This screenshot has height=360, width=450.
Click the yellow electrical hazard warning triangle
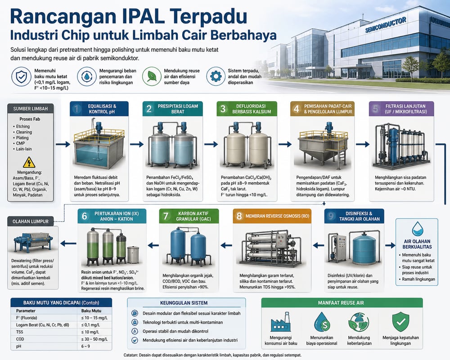(29, 162)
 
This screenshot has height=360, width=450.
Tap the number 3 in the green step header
(223, 108)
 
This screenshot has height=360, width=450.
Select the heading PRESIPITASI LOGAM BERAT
(178, 109)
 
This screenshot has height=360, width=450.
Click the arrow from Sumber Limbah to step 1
(63, 144)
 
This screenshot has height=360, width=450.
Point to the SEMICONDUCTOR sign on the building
(386, 25)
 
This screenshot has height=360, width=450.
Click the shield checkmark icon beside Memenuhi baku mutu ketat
(21, 76)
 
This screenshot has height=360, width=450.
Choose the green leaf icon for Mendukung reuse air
(152, 76)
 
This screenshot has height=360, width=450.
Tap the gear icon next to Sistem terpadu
(216, 76)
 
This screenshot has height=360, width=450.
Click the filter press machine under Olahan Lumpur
(33, 242)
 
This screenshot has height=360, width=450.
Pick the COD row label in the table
(20, 339)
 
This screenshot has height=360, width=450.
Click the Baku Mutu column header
(91, 310)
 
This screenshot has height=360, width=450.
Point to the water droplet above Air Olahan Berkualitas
(417, 229)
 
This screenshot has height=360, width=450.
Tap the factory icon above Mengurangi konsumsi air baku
(280, 322)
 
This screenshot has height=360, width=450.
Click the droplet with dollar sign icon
(322, 322)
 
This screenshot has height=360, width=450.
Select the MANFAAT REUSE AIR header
(341, 302)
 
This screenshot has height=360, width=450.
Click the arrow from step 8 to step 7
(226, 245)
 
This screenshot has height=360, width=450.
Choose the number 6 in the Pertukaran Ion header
(85, 216)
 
